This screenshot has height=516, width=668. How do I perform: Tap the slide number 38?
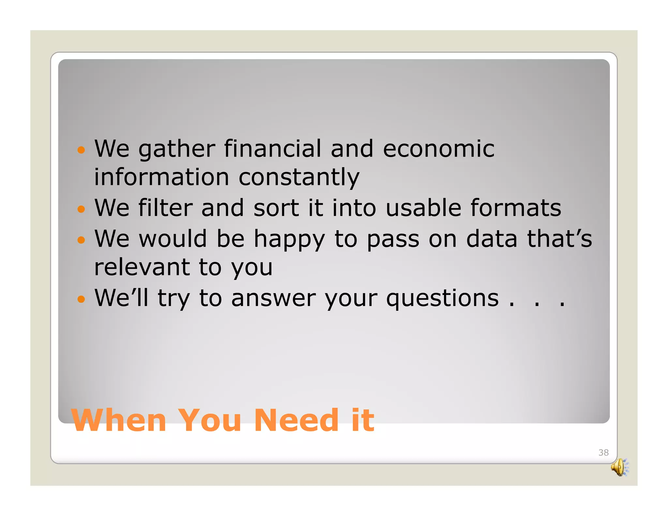click(603, 452)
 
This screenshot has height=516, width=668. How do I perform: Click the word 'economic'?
click(439, 149)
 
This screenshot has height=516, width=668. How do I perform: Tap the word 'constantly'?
click(299, 178)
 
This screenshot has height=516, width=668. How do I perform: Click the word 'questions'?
click(442, 299)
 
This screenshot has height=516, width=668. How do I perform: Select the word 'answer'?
click(273, 299)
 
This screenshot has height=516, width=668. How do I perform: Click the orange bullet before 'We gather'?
click(81, 150)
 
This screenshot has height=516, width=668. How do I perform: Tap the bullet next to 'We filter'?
click(81, 209)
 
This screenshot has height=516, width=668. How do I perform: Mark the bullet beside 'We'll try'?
click(81, 299)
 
